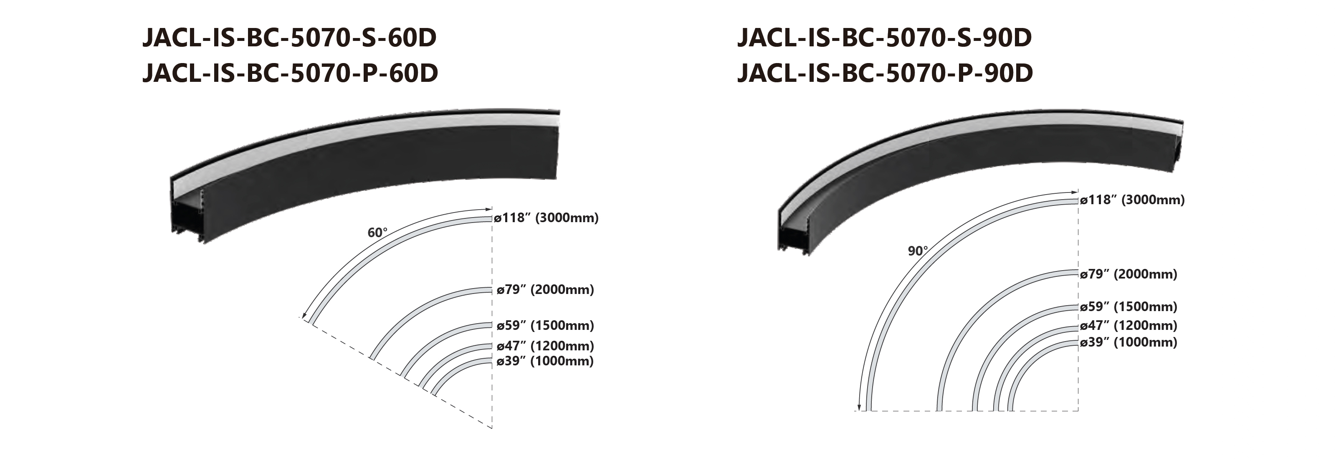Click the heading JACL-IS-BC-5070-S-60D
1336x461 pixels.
[289, 39]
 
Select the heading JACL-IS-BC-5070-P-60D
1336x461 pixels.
[290, 73]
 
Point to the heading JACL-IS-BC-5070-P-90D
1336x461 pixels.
[885, 73]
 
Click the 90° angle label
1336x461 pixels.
[918, 251]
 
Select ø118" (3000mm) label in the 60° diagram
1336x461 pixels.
[547, 218]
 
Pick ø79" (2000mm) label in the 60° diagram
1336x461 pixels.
[545, 289]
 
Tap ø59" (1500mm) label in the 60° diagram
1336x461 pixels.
[545, 326]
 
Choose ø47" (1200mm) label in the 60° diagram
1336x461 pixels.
[545, 346]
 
